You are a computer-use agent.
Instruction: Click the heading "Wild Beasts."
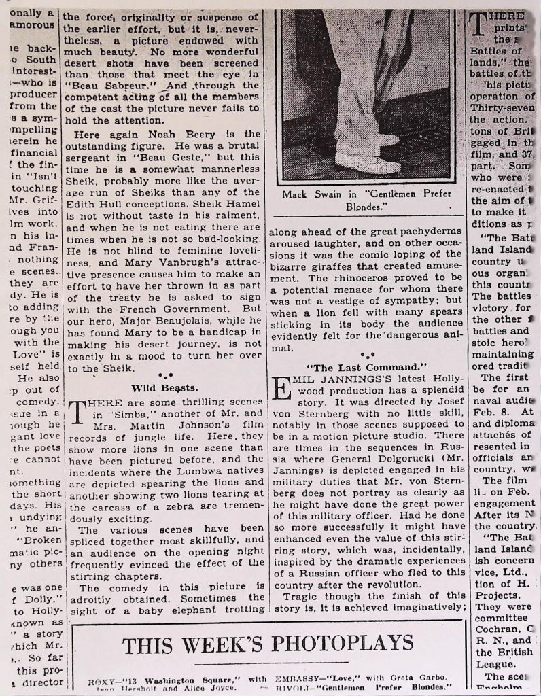coord(164,388)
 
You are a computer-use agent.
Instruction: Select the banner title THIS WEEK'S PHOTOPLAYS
coord(268,642)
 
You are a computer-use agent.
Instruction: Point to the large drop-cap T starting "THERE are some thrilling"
coord(77,412)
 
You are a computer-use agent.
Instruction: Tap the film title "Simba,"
coord(127,414)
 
